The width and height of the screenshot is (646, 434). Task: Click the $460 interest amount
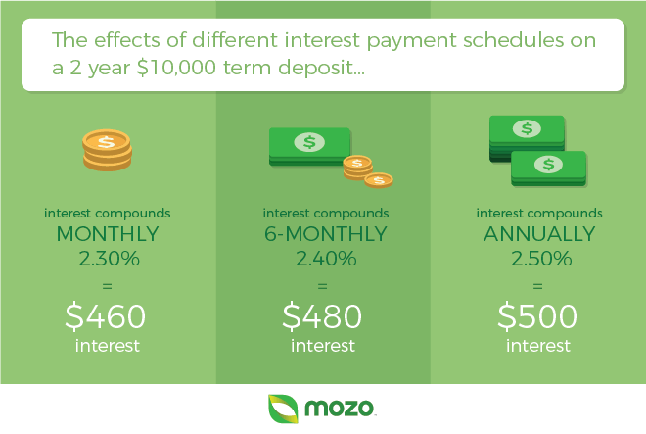click(x=106, y=316)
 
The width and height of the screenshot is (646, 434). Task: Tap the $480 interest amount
click(x=322, y=316)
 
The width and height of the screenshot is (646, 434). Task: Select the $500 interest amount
click(x=537, y=316)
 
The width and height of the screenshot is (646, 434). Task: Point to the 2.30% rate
click(x=110, y=259)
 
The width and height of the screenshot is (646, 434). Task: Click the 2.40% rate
click(x=326, y=259)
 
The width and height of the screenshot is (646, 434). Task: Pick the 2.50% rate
click(x=541, y=259)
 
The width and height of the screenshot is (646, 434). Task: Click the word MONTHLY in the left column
click(x=108, y=234)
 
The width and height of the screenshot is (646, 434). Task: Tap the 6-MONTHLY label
click(x=326, y=234)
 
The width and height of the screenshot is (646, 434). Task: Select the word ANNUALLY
click(x=539, y=234)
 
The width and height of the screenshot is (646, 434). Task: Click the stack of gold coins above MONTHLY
click(x=107, y=150)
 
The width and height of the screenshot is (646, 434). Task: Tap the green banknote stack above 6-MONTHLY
click(x=310, y=146)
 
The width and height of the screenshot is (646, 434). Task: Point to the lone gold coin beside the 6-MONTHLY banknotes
click(x=379, y=180)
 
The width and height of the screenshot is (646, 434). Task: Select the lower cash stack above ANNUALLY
click(x=548, y=169)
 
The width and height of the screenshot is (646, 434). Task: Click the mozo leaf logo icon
click(x=283, y=409)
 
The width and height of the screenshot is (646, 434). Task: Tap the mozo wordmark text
click(x=339, y=408)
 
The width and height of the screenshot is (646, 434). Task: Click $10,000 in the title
click(x=176, y=68)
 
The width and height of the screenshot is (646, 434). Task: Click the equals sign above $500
click(x=537, y=286)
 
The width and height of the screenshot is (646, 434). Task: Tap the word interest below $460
click(x=107, y=346)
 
